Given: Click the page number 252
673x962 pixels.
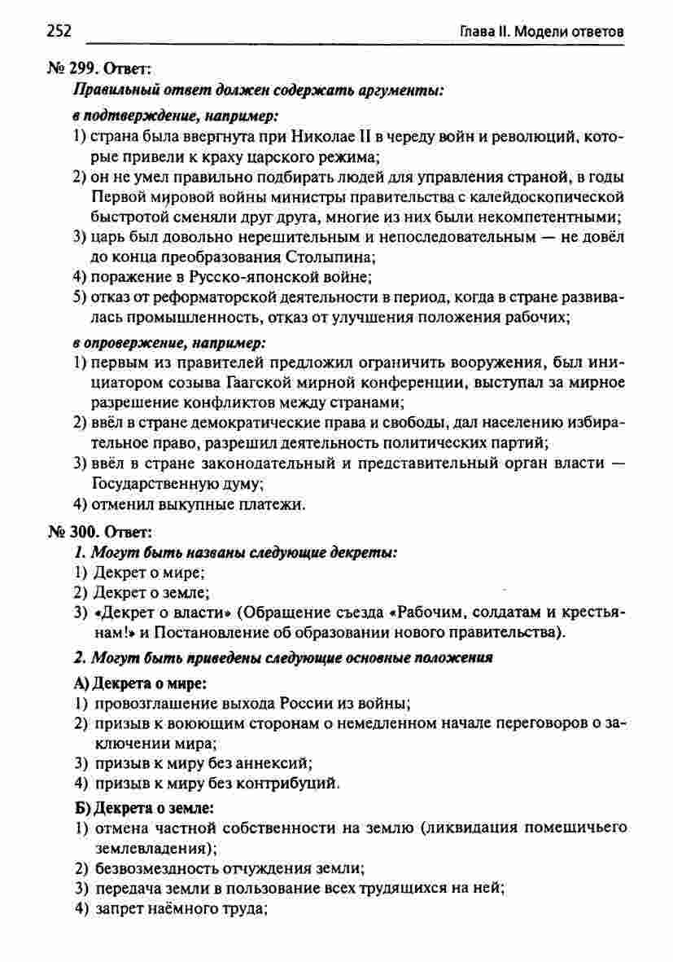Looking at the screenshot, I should coord(59,32).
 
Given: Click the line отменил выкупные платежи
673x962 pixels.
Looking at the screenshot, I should coord(198,505).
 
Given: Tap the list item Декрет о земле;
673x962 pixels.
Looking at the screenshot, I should coord(152,592).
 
